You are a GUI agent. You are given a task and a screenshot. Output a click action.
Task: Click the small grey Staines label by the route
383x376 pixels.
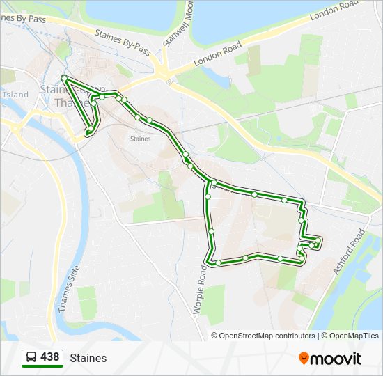[x=140, y=139]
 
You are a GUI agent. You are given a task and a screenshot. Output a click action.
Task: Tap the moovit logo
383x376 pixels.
[x=330, y=359]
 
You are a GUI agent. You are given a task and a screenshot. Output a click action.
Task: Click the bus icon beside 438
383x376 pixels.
[x=31, y=357]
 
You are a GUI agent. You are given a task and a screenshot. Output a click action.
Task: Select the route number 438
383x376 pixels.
[x=50, y=357]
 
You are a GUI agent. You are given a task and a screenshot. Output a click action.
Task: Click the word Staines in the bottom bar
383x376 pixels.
[x=88, y=358]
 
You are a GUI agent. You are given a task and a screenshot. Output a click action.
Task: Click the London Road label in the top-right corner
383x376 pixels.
[x=334, y=12]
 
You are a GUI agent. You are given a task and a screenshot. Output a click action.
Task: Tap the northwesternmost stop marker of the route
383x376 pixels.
[x=63, y=77]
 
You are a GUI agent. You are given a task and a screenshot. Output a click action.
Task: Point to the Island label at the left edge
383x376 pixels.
[x=15, y=94]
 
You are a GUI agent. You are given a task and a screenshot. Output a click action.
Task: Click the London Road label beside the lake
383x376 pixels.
[x=217, y=54]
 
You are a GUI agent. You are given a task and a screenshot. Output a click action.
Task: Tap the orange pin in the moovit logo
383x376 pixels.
[x=304, y=359]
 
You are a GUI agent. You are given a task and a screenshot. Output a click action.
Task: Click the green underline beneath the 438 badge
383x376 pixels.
[x=42, y=366]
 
